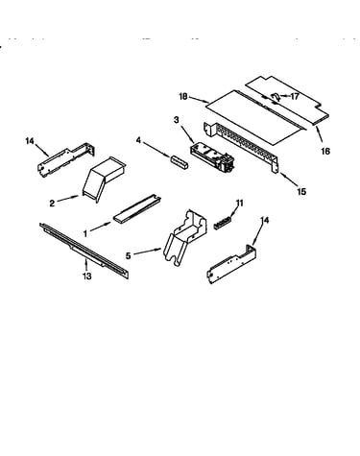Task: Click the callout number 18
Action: tap(183, 96)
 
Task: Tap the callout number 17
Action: tap(295, 96)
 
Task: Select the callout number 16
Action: tap(325, 151)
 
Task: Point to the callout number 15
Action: tap(301, 191)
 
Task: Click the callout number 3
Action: tap(177, 120)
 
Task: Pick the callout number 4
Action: tap(138, 140)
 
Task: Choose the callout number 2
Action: tap(52, 204)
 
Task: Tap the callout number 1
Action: tap(85, 234)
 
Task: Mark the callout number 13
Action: tap(87, 276)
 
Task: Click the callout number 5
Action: tap(128, 255)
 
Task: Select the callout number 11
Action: tap(239, 204)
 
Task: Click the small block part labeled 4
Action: tap(180, 162)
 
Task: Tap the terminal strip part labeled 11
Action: tap(223, 222)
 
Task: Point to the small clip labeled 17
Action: tap(276, 97)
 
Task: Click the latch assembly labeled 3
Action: tap(212, 156)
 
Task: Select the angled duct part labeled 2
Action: tap(103, 180)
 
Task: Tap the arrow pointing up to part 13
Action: tap(86, 264)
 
